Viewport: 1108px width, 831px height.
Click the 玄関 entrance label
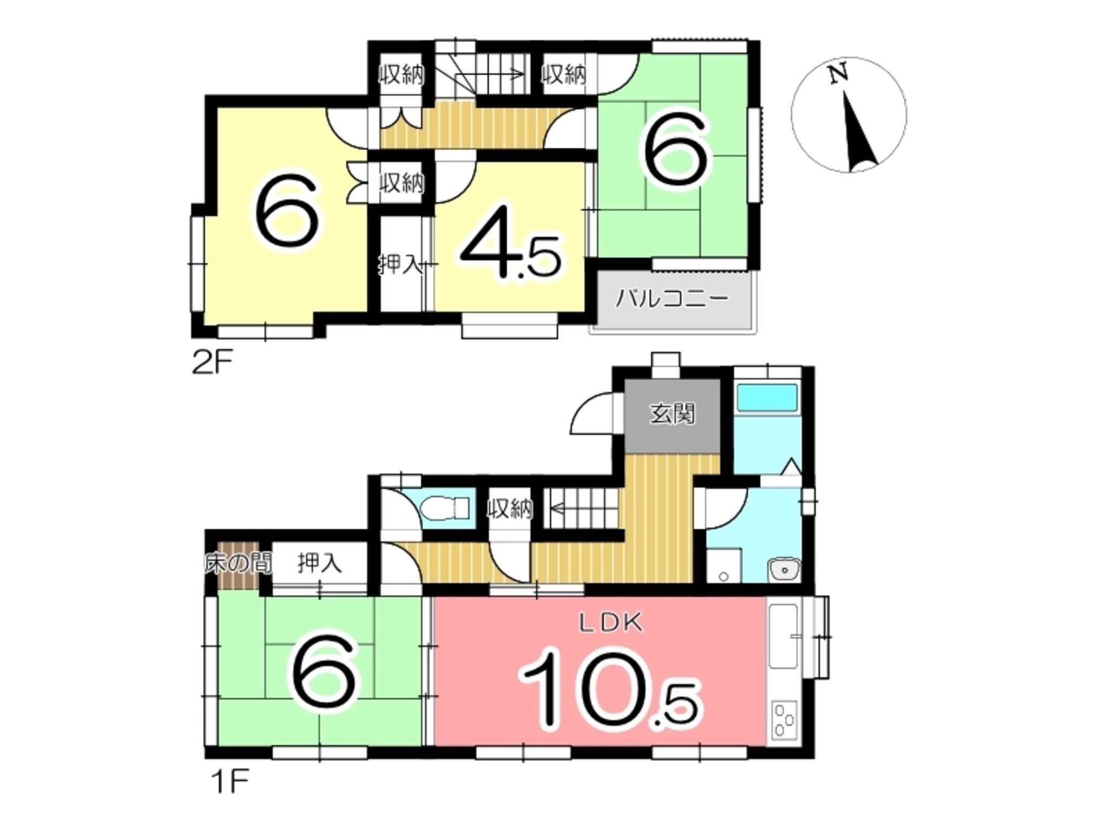pos(672,414)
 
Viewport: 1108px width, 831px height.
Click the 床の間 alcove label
pos(238,564)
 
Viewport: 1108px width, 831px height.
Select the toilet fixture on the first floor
pos(446,509)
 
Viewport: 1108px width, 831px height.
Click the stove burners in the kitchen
pos(783,720)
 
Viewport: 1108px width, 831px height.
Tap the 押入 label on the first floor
pos(320,564)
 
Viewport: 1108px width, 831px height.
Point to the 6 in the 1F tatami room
pos(324,674)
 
